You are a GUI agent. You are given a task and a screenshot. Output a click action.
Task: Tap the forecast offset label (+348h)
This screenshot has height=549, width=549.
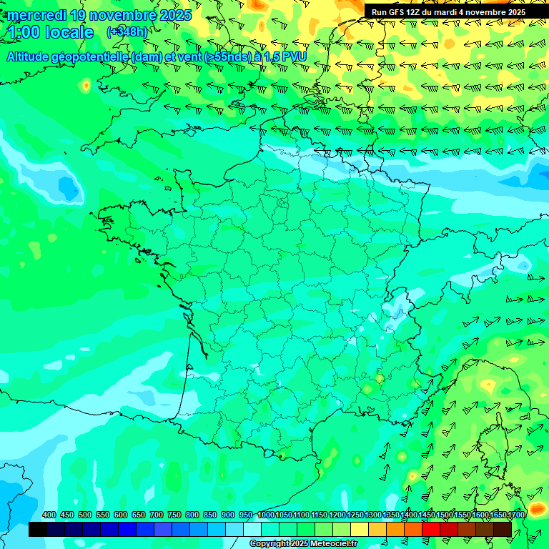coord(127,32)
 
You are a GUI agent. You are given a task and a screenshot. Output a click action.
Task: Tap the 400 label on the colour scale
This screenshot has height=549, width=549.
coord(49,515)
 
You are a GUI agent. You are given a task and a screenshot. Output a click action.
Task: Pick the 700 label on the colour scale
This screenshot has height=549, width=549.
coord(157,515)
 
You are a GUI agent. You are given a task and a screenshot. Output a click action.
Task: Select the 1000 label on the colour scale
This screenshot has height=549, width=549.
coord(266,515)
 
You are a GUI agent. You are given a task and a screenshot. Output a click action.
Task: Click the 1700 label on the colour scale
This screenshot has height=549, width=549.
coord(515,515)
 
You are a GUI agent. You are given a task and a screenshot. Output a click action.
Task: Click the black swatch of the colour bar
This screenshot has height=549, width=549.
coord(38,530)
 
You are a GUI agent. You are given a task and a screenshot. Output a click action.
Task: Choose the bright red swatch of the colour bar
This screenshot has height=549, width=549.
coord(431,530)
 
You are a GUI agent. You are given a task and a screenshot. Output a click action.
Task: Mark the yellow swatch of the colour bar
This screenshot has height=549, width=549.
coord(360,530)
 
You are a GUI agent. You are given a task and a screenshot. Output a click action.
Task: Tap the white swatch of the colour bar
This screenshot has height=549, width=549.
coord(252,530)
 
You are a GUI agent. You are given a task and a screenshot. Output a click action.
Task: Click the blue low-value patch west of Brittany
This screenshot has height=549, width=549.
coord(69,188)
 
